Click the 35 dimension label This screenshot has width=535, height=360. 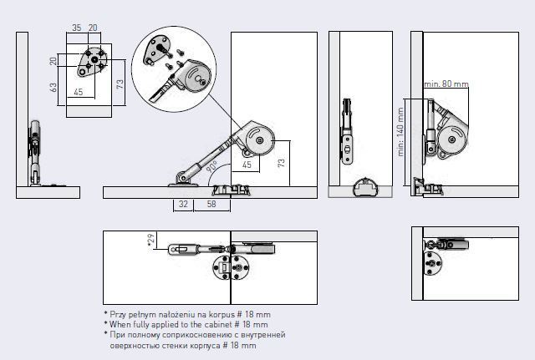coord(76,28)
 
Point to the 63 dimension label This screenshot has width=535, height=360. coord(52,85)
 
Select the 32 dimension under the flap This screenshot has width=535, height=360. coord(183,203)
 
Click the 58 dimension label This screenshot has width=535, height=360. coord(211,203)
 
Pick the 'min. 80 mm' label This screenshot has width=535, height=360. coord(446,84)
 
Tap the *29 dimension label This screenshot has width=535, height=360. coord(150,241)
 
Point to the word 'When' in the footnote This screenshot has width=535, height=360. coord(122,324)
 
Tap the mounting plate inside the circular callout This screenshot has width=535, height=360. coord(157,50)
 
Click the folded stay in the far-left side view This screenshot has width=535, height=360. coord(35,150)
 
